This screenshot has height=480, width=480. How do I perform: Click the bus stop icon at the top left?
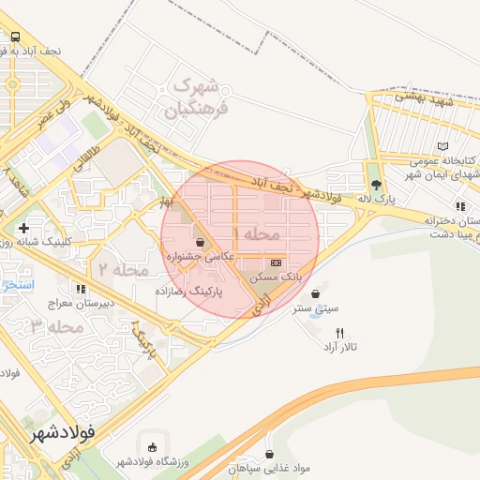click(x=14, y=37)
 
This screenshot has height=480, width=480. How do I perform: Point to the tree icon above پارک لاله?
click(x=376, y=185)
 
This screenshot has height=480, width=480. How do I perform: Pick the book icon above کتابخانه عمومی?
click(x=442, y=147)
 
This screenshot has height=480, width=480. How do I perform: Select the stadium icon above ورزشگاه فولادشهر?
click(x=153, y=446)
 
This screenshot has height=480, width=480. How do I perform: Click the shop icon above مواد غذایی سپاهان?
click(x=270, y=452)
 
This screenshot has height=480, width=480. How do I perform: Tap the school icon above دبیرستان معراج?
click(x=81, y=288)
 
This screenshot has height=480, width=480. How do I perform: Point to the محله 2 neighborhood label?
click(x=118, y=269)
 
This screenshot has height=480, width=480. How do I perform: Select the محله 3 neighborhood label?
click(x=52, y=326)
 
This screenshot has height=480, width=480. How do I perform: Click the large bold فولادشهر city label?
click(x=63, y=434)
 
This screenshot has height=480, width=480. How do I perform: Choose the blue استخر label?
click(x=17, y=283)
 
